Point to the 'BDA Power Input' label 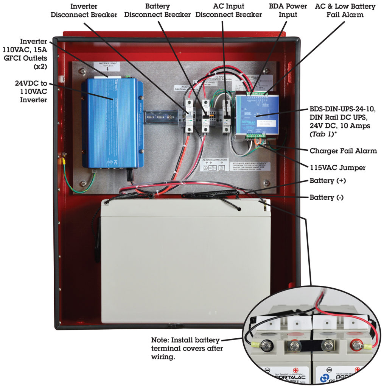tap(288, 11)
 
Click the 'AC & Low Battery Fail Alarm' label tap(345, 11)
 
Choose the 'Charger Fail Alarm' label tap(343, 151)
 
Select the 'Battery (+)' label tap(326, 181)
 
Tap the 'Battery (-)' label tap(326, 197)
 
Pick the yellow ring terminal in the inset tap(257, 345)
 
